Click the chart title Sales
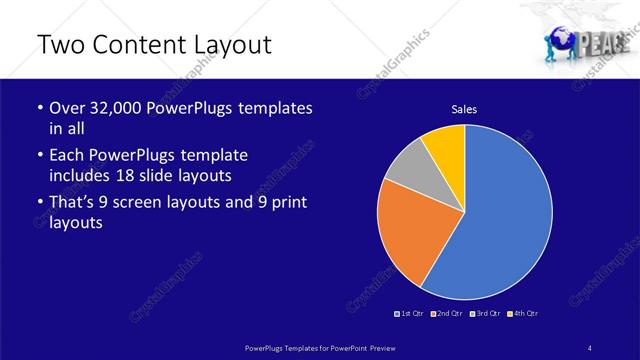[464, 109]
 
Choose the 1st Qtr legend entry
[410, 314]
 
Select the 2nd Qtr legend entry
[447, 314]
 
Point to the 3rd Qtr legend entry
[486, 314]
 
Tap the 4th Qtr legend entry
[524, 314]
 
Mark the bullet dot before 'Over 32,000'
[38, 108]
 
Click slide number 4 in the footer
[589, 346]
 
